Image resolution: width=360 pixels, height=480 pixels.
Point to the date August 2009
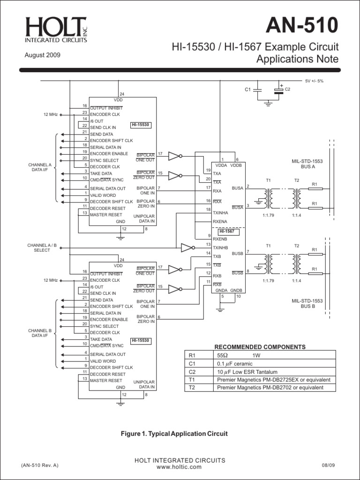pyautogui.click(x=42, y=55)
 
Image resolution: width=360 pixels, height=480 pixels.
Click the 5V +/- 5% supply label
pyautogui.click(x=314, y=81)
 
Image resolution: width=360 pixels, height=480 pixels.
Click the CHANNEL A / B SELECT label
pyautogui.click(x=42, y=247)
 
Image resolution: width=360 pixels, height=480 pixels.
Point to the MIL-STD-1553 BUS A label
pyautogui.click(x=307, y=164)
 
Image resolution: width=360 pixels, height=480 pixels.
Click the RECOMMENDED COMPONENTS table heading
pyautogui.click(x=260, y=347)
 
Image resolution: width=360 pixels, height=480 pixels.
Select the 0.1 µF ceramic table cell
pyautogui.click(x=235, y=364)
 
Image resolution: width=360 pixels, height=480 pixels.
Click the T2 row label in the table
pyautogui.click(x=191, y=388)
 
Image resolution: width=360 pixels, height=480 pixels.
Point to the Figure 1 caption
pyautogui.click(x=174, y=434)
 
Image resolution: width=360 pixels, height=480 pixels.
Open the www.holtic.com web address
pyautogui.click(x=180, y=467)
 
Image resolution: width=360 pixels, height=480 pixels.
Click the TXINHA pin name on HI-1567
pyautogui.click(x=220, y=212)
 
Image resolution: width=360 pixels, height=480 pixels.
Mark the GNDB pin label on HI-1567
pyautogui.click(x=236, y=290)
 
